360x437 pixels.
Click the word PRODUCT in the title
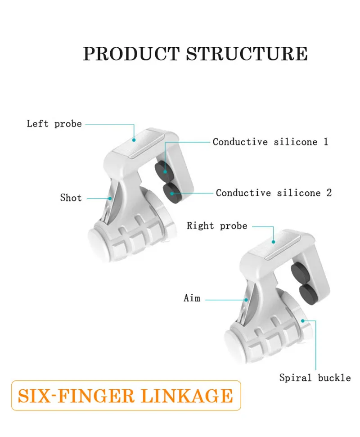(131, 54)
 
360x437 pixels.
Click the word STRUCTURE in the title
(247, 54)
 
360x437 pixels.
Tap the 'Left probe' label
(54, 124)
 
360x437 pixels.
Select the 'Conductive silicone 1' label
(270, 142)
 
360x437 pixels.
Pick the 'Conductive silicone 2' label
(274, 193)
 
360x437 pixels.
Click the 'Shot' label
(71, 198)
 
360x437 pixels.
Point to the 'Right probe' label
(217, 226)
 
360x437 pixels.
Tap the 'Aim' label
(192, 298)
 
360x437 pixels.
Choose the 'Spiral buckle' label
(315, 378)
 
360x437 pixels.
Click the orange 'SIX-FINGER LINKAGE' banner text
(126, 396)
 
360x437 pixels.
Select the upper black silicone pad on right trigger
(300, 272)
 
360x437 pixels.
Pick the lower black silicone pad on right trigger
(308, 294)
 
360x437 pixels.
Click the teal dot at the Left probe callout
(134, 140)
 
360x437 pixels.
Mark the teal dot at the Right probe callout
(273, 242)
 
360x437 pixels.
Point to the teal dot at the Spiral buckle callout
(302, 321)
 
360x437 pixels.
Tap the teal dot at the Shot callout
(110, 198)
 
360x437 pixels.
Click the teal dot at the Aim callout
(246, 300)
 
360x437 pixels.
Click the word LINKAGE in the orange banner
(187, 396)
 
